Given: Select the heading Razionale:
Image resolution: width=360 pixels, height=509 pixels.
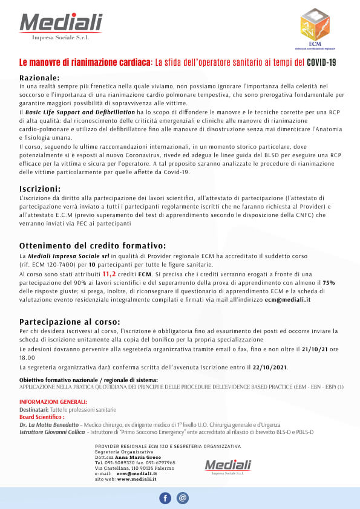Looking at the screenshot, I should pyautogui.click(x=39, y=78).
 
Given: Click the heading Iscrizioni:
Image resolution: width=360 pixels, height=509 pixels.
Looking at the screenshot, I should pyautogui.click(x=40, y=188).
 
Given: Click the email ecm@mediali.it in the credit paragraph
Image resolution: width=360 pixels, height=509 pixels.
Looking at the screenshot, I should pyautogui.click(x=287, y=300).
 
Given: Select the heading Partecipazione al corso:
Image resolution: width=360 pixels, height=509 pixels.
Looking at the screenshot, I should pyautogui.click(x=70, y=321).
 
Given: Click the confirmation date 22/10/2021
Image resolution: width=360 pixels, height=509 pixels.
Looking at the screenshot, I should pyautogui.click(x=270, y=368).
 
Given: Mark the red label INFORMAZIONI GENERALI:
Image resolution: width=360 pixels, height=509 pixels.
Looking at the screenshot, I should pyautogui.click(x=53, y=402).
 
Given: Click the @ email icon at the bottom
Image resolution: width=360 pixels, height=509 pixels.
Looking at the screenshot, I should pyautogui.click(x=183, y=498).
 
